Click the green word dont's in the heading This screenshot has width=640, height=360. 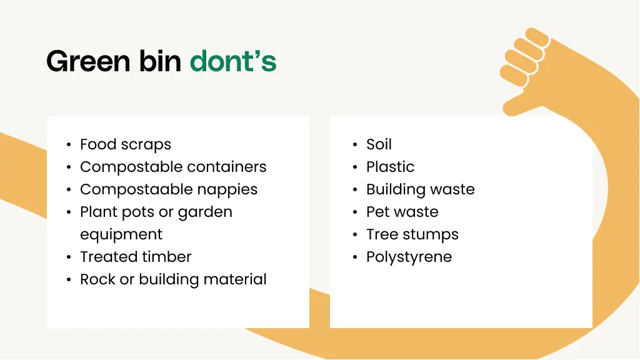coord(232,61)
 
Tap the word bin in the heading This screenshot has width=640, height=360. coord(160,61)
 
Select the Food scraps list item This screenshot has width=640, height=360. coord(125,144)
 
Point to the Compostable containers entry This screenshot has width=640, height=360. coord(173,167)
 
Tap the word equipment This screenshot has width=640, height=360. coord(121,234)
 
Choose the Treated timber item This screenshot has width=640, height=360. coord(136,257)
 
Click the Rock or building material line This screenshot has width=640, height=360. coord(173,279)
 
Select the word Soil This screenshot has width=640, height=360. coord(379,144)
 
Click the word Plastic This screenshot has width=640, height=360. coord(390,167)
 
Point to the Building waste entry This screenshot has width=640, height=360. coord(420,189)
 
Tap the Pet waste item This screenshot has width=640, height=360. coord(402,212)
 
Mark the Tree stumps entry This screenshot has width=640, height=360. coord(412,234)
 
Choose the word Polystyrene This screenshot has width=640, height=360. coord(409,257)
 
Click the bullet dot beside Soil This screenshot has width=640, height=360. coord(355,145)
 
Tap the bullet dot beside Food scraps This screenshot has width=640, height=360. coord(69,145)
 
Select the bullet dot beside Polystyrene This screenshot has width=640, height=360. coord(355,257)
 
